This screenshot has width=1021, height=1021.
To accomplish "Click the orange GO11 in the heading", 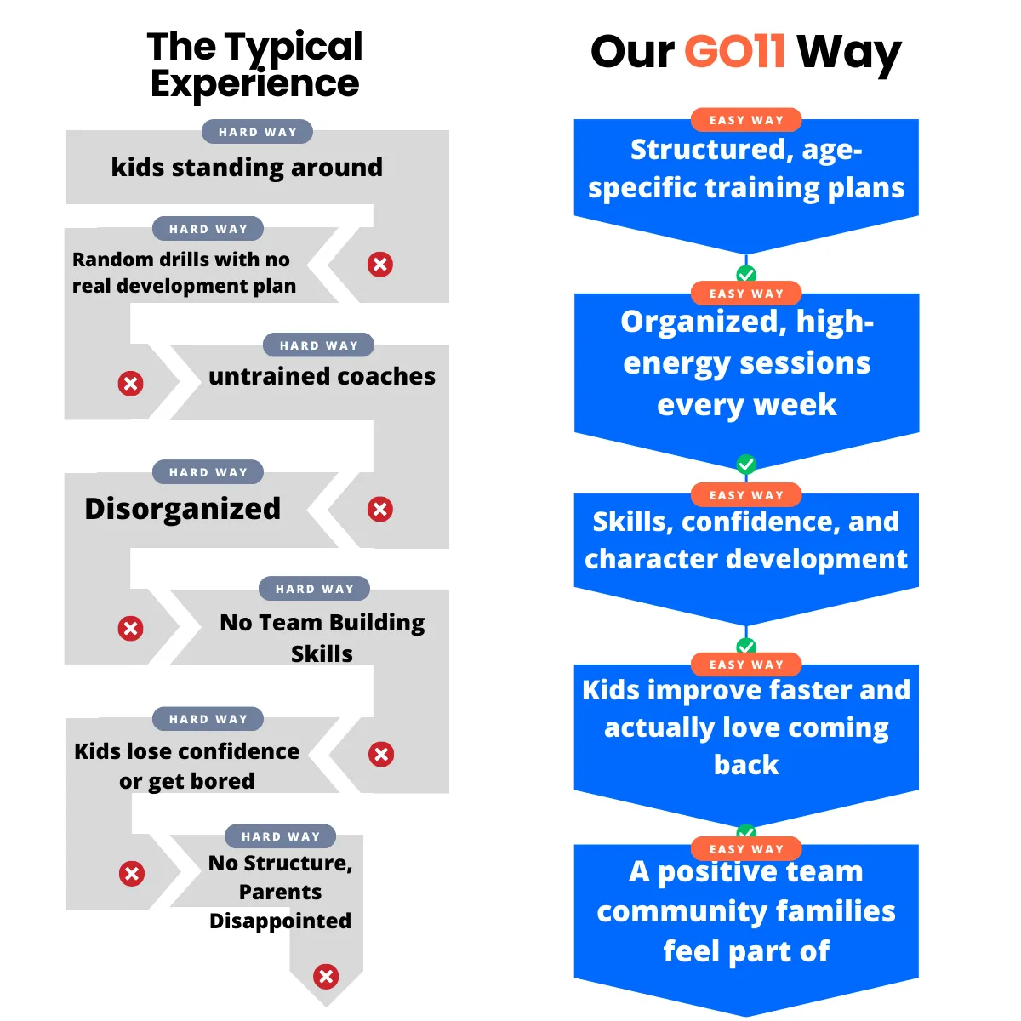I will pos(734,51).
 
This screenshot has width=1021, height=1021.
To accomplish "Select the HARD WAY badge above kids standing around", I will pos(257,132).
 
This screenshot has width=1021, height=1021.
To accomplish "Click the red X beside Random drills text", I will pos(380,265).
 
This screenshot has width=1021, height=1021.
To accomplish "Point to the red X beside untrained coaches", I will pos(130,384).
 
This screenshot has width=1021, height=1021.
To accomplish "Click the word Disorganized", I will pos(183,509).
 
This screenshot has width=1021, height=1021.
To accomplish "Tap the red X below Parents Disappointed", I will pos(326,976).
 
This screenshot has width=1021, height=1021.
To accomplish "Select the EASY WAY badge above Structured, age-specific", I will pos(746,120).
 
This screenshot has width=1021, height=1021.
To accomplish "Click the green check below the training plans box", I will pos(746,274).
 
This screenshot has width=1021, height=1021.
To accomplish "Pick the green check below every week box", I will pos(746,465).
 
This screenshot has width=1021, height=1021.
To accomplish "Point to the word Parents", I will pos(280,892).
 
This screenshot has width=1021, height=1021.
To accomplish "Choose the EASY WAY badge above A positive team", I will pos(746,849).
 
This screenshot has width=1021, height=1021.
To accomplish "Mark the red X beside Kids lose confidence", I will pos(381,755).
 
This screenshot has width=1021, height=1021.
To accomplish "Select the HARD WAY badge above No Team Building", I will pos(314,589).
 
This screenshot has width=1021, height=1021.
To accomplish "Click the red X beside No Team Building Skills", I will pos(130,629).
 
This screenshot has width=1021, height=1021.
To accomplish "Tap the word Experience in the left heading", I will pos(254,83).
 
